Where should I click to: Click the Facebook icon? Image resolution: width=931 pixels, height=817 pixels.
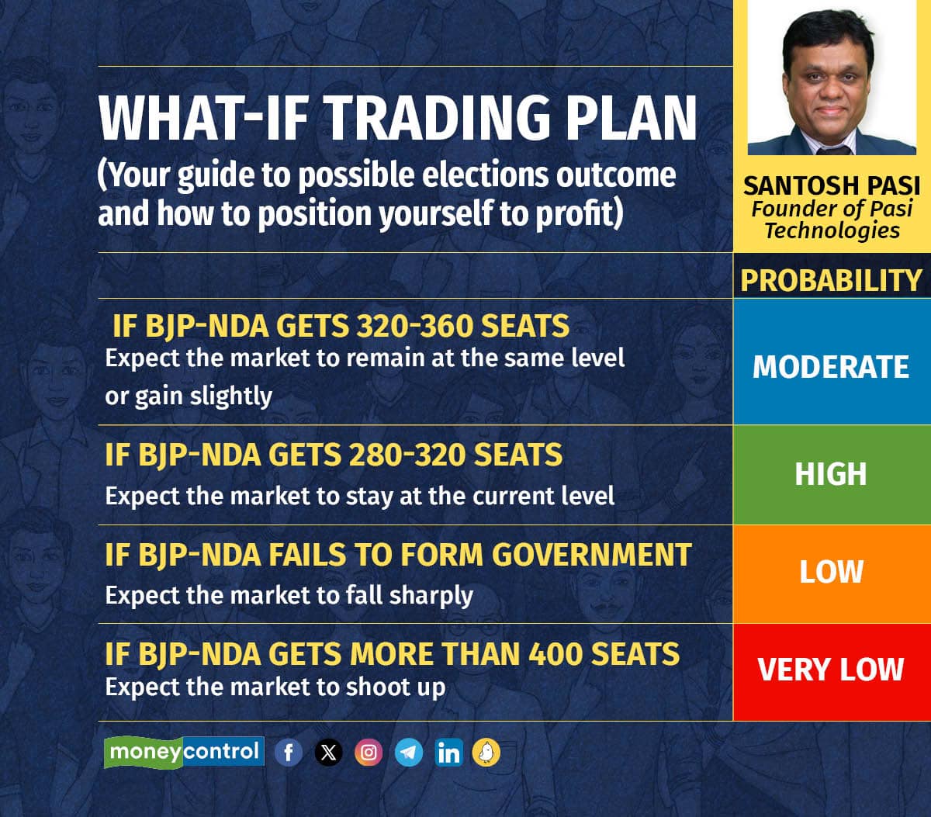[x=289, y=753]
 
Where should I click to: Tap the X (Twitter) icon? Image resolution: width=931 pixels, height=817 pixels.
[x=328, y=753]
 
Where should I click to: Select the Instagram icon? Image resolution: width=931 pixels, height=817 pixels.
[x=369, y=753]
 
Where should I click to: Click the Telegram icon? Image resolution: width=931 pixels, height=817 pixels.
[x=409, y=753]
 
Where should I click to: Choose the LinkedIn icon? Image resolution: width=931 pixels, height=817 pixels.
[x=448, y=753]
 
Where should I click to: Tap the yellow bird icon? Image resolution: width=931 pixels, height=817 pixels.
[x=486, y=753]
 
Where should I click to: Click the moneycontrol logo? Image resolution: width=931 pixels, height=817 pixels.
[x=185, y=752]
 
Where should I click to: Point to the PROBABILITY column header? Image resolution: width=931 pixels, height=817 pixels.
[x=831, y=280]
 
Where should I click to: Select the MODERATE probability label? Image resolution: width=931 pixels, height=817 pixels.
[x=831, y=367]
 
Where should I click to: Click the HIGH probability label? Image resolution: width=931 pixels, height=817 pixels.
[x=831, y=474]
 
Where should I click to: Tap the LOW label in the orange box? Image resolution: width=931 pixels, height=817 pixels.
[x=831, y=572]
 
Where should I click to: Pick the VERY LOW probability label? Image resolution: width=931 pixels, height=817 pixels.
[x=831, y=670]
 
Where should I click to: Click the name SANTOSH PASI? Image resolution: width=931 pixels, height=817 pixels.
[x=832, y=185]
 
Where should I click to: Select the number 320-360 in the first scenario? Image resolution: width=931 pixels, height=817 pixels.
[x=415, y=326]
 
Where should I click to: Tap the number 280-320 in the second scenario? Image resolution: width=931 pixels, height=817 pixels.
[x=407, y=455]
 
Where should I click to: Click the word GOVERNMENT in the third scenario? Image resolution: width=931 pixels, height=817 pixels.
[x=592, y=555]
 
